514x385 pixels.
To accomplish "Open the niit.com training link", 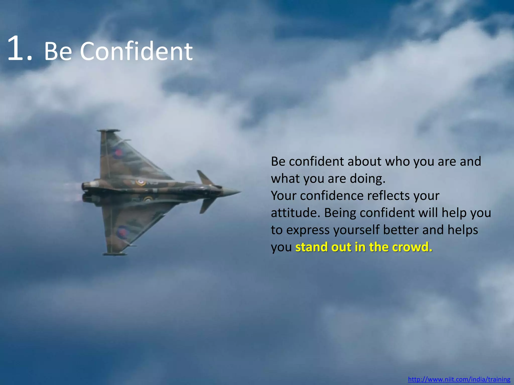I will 459,379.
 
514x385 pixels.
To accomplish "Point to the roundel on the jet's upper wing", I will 117,153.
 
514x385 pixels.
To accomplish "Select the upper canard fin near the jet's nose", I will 205,177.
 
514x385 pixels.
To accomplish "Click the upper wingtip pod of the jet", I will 108,131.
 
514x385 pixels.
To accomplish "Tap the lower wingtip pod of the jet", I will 115,254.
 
